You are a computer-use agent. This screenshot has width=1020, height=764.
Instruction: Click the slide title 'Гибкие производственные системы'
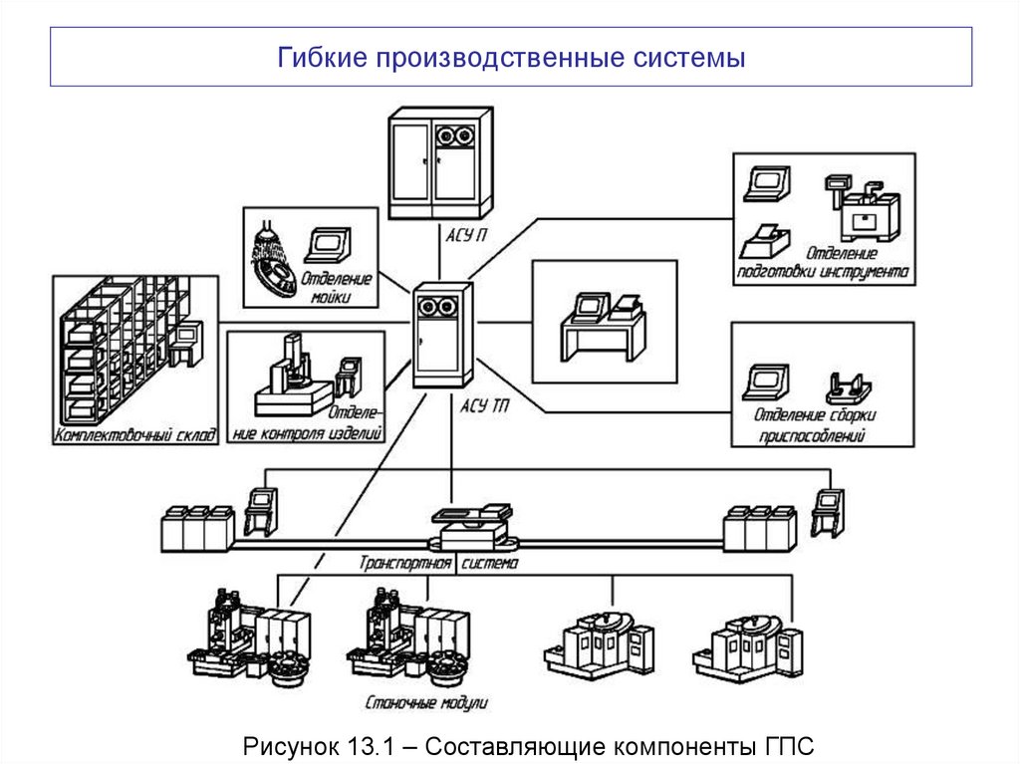511,57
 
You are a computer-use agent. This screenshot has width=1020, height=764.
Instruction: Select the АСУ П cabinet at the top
438,164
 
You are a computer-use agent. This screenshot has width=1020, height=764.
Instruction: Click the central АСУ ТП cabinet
443,334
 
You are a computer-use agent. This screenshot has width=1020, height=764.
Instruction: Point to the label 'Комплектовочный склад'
135,435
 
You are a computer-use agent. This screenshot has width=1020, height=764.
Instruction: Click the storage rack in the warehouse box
120,344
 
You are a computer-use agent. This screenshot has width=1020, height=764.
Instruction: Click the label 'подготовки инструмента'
822,271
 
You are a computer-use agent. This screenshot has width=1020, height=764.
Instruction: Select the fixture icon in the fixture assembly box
849,385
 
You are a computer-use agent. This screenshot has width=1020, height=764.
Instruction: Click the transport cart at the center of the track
473,527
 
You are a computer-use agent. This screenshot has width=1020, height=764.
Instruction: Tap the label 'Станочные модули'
426,701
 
